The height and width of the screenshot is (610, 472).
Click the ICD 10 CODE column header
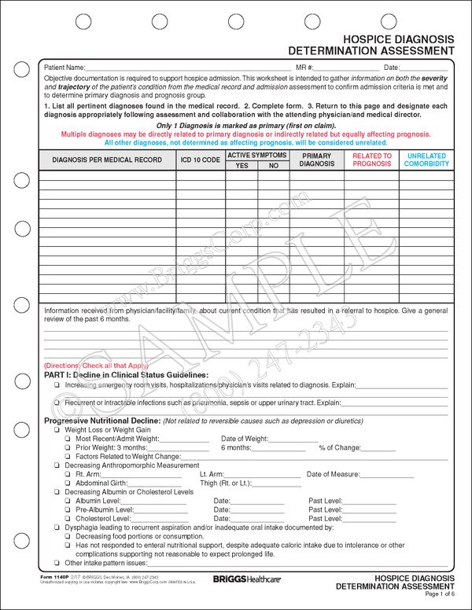coord(201,160)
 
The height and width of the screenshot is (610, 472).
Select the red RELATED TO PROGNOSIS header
coord(372,160)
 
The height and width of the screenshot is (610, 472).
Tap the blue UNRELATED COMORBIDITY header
coord(426,160)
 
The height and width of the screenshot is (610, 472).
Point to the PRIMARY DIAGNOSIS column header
coord(317,160)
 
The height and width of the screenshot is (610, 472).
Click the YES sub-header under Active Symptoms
coord(242,166)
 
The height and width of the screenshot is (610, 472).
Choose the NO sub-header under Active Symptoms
coord(274,166)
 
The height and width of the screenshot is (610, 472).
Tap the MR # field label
coord(304,68)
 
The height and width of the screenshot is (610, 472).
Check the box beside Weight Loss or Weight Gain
coord(57,431)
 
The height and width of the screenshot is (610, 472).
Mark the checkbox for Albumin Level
coord(68,501)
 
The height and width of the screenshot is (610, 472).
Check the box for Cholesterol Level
coord(68,519)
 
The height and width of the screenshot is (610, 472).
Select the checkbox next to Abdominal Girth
coord(68,483)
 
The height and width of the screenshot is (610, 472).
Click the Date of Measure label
coord(333,474)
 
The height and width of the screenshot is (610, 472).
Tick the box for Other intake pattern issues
coord(57,563)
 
